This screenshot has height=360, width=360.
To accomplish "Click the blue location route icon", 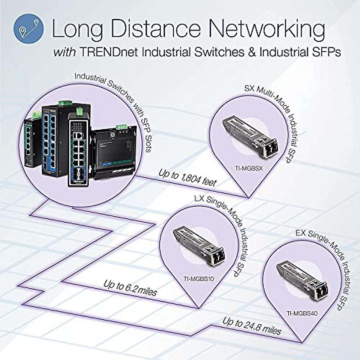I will (x=28, y=29).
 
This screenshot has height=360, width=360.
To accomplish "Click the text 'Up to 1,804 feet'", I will (x=187, y=178).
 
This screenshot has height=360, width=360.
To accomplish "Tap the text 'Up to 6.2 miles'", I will (x=130, y=288).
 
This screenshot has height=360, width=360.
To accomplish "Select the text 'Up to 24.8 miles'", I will (x=251, y=326).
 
